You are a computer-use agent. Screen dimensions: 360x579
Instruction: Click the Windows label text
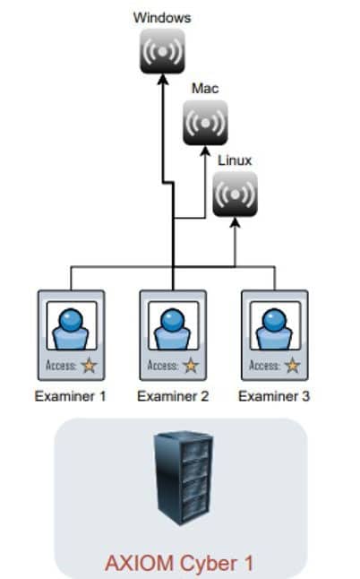pyautogui.click(x=162, y=18)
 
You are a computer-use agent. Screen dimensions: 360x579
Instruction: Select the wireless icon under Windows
pyautogui.click(x=162, y=51)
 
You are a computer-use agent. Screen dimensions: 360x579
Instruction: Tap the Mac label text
pyautogui.click(x=205, y=89)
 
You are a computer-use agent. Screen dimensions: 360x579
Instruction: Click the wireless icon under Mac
pyautogui.click(x=205, y=123)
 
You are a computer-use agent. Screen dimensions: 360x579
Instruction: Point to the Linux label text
pyautogui.click(x=235, y=160)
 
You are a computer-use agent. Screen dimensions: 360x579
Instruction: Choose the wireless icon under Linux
pyautogui.click(x=235, y=194)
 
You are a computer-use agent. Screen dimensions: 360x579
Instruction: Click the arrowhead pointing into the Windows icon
pyautogui.click(x=163, y=79)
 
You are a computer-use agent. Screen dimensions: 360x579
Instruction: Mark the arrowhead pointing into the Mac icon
pyautogui.click(x=205, y=151)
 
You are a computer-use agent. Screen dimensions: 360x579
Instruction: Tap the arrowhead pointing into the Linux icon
pyautogui.click(x=235, y=222)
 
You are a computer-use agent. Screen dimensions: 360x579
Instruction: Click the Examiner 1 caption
pyautogui.click(x=71, y=396)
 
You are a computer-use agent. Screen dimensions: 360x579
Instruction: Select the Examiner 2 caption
pyautogui.click(x=173, y=396)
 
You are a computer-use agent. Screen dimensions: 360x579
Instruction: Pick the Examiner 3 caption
pyautogui.click(x=274, y=396)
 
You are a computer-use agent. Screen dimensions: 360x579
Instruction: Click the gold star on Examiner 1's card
pyautogui.click(x=89, y=366)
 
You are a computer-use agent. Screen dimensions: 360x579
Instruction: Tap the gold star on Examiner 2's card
pyautogui.click(x=191, y=366)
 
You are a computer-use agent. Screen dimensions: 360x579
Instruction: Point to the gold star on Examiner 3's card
pyautogui.click(x=293, y=366)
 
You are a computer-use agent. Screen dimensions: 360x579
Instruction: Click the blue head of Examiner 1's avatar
pyautogui.click(x=71, y=320)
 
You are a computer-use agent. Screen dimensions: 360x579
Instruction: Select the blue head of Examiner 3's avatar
pyautogui.click(x=274, y=320)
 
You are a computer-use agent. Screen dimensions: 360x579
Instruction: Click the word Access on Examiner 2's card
pyautogui.click(x=162, y=366)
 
